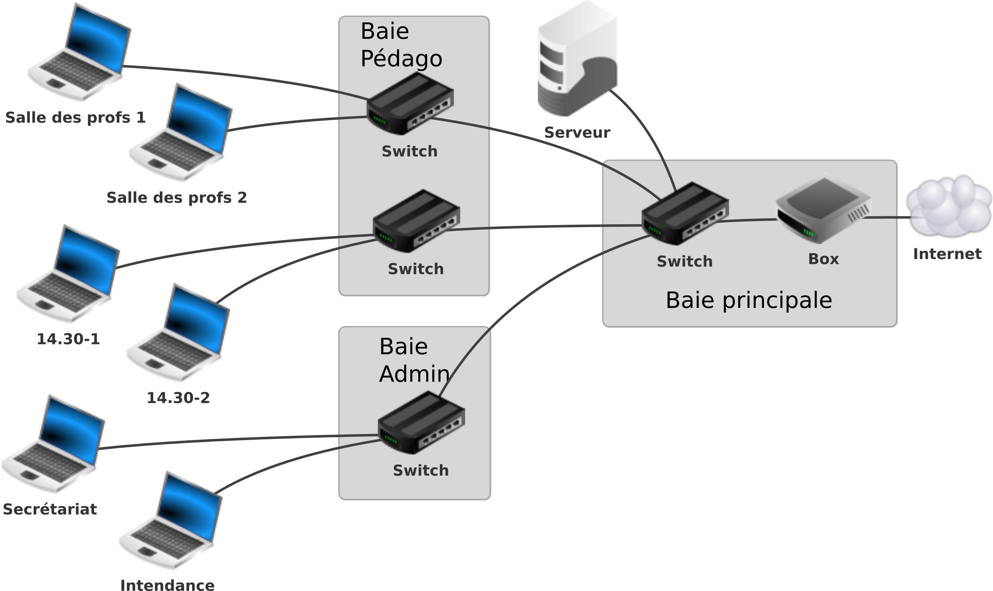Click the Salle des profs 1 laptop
click(78, 54)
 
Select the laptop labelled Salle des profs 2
click(180, 134)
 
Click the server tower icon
click(576, 60)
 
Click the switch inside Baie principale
click(685, 214)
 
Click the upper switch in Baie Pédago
click(410, 104)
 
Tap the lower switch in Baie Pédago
click(416, 221)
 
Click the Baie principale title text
click(748, 300)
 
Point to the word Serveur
click(577, 133)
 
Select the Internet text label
click(947, 254)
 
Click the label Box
click(823, 259)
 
